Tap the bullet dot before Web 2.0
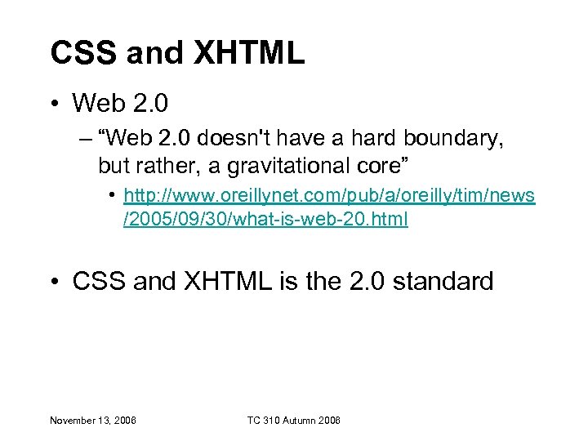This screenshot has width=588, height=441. (x=55, y=104)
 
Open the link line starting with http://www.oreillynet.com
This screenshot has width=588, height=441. (x=328, y=197)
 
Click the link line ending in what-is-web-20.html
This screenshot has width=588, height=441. (x=265, y=219)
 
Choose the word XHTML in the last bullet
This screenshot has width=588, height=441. (x=231, y=282)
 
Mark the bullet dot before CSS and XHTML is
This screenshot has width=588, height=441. (x=55, y=283)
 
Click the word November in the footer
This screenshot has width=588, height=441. (x=71, y=420)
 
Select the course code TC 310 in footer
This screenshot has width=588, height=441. (x=263, y=420)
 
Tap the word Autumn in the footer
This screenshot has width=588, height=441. (x=301, y=420)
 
